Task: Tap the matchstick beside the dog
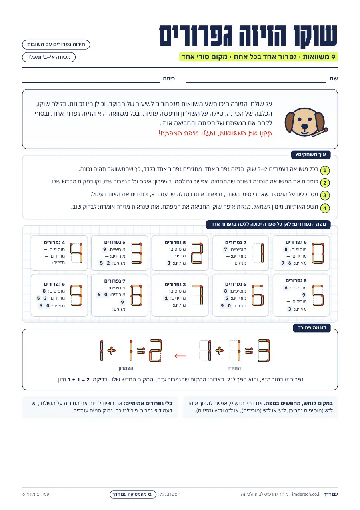pos(320,132)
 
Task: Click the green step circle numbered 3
pos(325,195)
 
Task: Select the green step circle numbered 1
pos(325,170)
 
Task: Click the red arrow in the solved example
pos(180,355)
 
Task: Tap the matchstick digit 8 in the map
pos(136,295)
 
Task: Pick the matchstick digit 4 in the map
pos(76,253)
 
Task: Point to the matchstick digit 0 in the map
pos(318,253)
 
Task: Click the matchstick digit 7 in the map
pos(197,295)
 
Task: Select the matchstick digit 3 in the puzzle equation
pos(264,351)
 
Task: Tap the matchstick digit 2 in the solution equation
pos(156,351)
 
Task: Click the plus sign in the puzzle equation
pos(219,351)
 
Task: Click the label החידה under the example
pos(234,368)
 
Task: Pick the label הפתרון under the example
pos(126,368)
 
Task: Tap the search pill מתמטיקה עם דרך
pos(133,494)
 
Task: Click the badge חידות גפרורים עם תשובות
pos(56,44)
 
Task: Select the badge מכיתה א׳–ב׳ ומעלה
pos(49,57)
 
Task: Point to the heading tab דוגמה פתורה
pos(312,328)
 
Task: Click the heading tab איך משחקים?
pos(311,155)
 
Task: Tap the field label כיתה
pos(169,79)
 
